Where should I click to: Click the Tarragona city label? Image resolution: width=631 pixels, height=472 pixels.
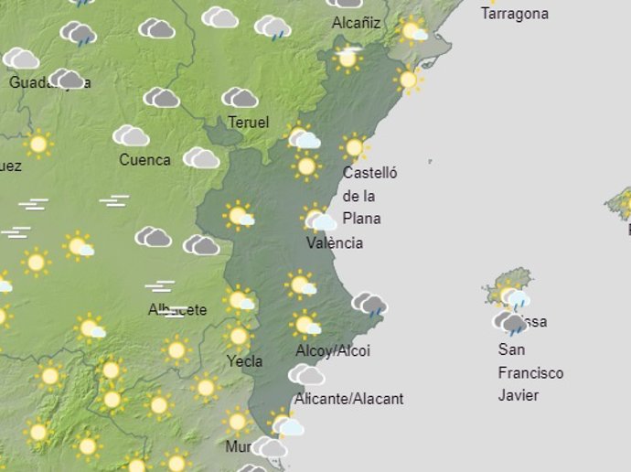pos(515,14)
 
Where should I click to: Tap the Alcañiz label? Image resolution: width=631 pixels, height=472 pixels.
pos(357,22)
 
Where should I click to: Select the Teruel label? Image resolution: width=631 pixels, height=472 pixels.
pos(249,122)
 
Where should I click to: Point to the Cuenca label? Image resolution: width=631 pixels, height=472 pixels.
pos(144,159)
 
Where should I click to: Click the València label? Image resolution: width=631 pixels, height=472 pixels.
pos(335,242)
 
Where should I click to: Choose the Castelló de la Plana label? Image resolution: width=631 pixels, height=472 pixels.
pos(362,195)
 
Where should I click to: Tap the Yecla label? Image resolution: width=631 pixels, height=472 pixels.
pos(244,360)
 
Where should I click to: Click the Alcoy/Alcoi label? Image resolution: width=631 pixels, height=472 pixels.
pos(333,351)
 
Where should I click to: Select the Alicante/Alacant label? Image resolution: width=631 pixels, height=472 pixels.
pos(348,399)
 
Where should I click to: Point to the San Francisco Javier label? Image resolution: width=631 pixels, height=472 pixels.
pos(530,372)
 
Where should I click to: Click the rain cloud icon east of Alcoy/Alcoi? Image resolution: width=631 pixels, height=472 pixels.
pos(370,304)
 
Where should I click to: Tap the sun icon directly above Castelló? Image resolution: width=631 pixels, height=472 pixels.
pos(354,146)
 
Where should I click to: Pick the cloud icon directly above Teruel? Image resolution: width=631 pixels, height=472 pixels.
pos(240,97)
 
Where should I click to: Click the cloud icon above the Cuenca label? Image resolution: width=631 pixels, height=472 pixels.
pos(132,136)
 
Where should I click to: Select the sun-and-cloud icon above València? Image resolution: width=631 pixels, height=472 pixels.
pos(319,218)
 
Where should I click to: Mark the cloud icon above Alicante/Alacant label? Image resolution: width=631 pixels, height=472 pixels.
pos(305,374)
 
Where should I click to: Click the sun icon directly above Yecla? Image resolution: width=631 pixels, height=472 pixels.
pos(240,336)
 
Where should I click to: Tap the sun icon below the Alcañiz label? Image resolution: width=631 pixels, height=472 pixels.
pos(348,58)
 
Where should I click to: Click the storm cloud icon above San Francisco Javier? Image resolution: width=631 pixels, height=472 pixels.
pos(512,323)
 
